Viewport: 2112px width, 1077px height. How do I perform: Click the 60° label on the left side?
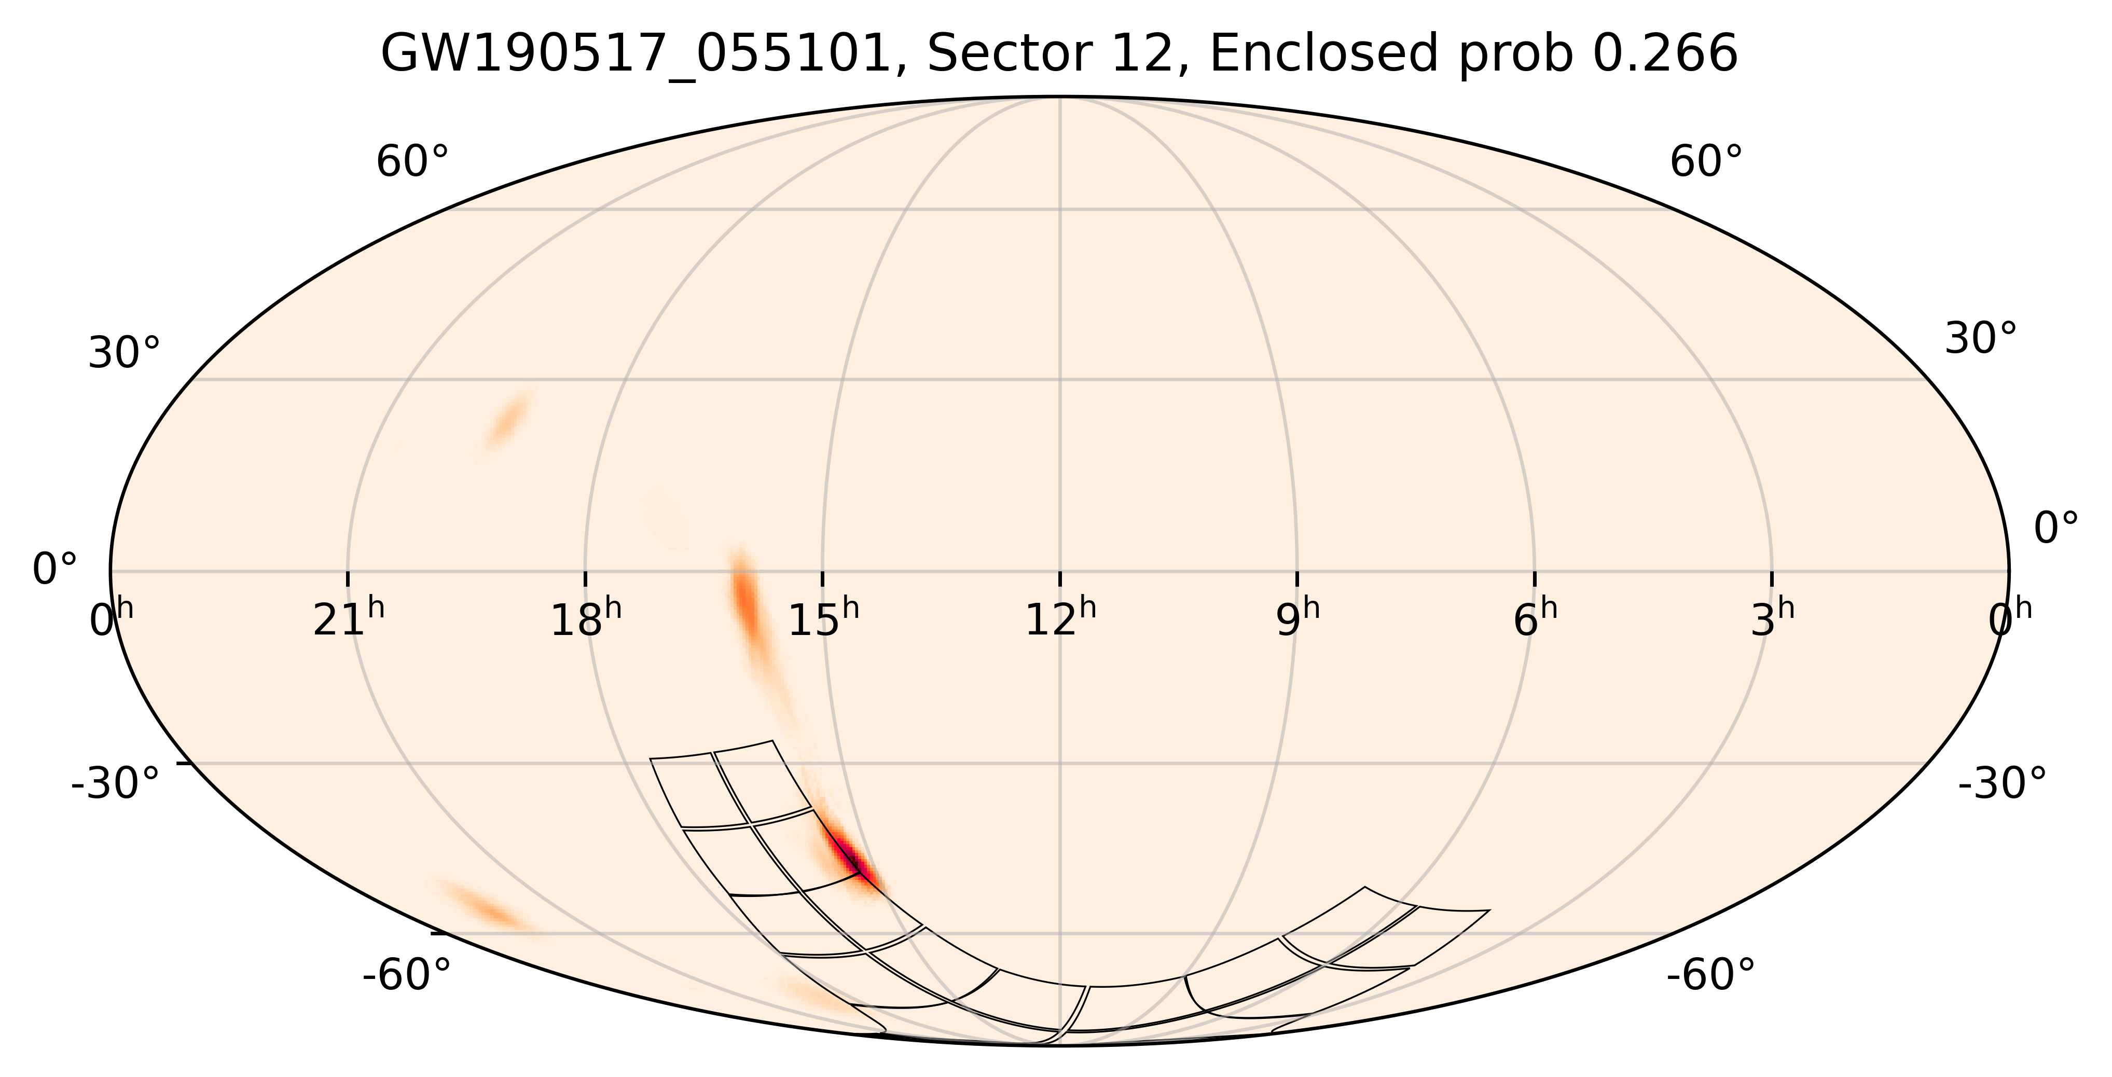412,162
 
